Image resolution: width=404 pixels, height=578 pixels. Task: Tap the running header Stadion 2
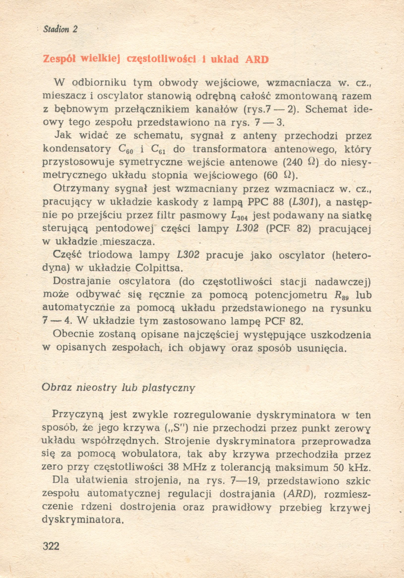[x=61, y=30]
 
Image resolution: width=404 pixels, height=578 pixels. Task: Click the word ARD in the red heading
[x=257, y=60]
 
